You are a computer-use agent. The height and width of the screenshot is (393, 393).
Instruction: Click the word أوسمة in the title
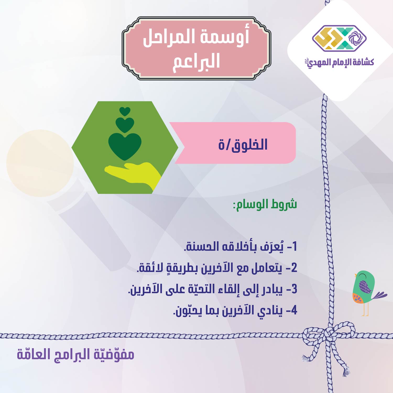tap(225, 37)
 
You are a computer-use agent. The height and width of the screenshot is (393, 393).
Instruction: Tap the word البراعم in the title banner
tap(196, 62)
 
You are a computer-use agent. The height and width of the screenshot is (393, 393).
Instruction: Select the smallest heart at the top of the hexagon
tap(125, 112)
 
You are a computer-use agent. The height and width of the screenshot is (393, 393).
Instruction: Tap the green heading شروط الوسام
tap(265, 204)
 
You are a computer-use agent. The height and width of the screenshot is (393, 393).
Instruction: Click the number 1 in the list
tap(294, 247)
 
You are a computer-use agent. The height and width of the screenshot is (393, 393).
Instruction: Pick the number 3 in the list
tap(294, 289)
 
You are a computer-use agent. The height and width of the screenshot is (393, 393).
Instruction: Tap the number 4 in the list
tap(294, 310)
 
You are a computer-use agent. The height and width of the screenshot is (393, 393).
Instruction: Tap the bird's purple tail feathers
tap(380, 295)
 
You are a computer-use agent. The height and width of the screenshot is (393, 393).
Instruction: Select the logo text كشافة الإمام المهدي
tap(341, 62)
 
